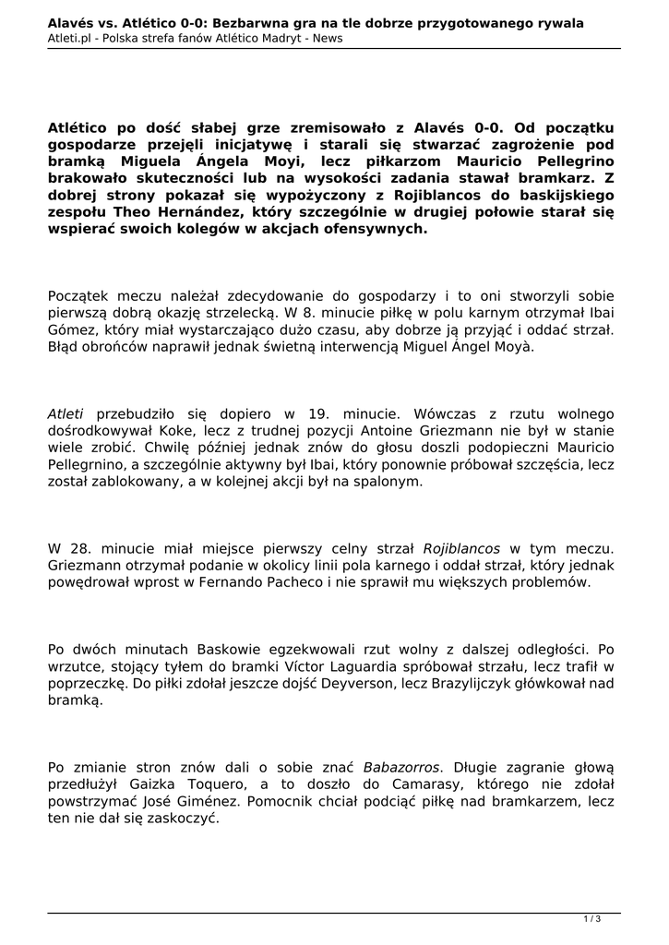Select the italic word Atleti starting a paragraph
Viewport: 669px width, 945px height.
pyautogui.click(x=65, y=414)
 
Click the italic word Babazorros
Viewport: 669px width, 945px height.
pyautogui.click(x=401, y=767)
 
